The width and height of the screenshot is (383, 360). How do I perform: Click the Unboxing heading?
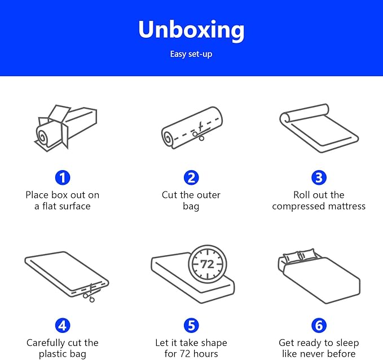pos(191,30)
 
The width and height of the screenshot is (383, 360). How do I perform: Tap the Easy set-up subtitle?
pos(191,54)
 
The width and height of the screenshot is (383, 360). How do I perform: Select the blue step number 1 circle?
pos(63,177)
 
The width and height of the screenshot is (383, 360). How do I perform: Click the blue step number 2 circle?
pos(191,177)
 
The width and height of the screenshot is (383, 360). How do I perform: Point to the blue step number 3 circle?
pos(319,177)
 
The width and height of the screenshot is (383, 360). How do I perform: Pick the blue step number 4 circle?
pos(63,326)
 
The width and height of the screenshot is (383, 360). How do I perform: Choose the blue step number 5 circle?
pos(191,326)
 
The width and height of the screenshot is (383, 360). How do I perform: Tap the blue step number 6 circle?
pos(319,326)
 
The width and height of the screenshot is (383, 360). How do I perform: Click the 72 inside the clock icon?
pos(207,264)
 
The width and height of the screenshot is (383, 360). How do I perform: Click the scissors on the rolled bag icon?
pos(199,133)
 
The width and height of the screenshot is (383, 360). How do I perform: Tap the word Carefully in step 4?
pos(45,343)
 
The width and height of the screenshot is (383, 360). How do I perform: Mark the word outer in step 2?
pos(208,195)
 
